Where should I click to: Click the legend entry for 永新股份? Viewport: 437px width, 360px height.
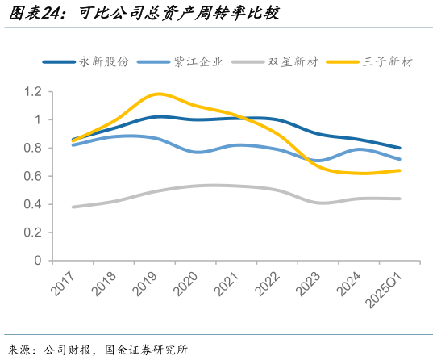click(100, 61)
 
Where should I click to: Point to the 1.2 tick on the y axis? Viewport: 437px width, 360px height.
click(32, 92)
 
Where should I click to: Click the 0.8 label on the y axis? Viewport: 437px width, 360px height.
click(32, 149)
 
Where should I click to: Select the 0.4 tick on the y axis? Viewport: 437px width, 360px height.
click(32, 205)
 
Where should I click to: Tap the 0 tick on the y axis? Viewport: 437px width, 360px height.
click(38, 261)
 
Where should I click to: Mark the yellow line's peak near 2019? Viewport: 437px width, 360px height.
click(158, 94)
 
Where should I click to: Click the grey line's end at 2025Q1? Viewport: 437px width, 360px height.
click(401, 199)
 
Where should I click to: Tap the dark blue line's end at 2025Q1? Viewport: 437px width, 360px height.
click(401, 148)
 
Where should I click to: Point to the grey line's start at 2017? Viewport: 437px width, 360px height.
click(73, 207)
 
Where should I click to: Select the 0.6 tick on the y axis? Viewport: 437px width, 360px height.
click(32, 177)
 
